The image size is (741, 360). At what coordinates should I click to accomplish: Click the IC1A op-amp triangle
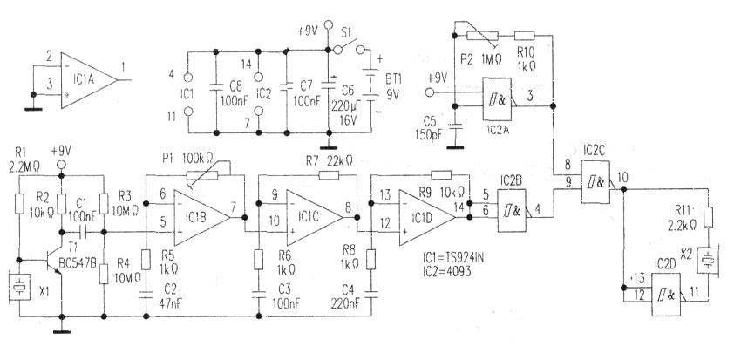tap(87, 78)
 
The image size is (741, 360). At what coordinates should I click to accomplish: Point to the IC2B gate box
tap(513, 210)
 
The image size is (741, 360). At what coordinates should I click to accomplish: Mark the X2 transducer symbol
tap(711, 260)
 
